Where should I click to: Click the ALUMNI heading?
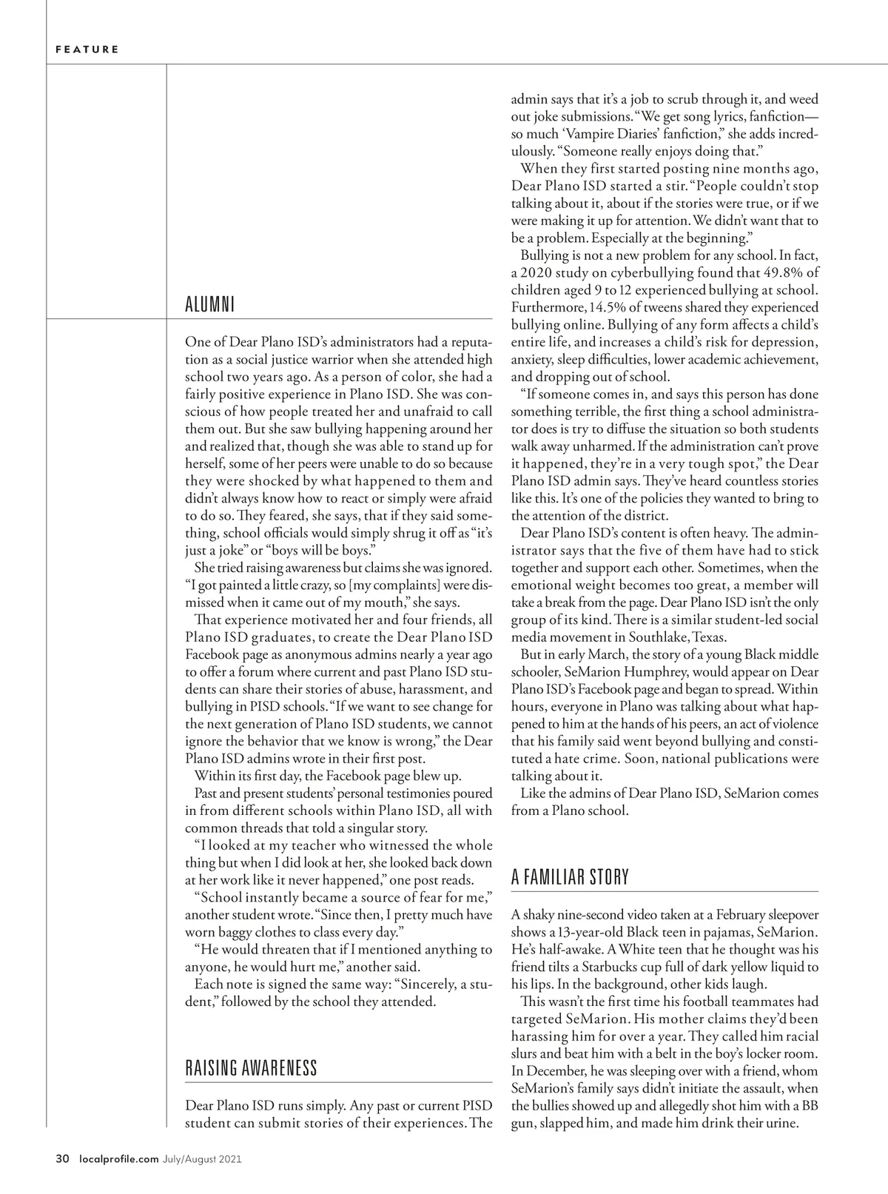(x=209, y=305)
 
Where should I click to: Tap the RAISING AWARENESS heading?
(x=251, y=1068)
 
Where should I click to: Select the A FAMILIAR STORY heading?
(x=570, y=878)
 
